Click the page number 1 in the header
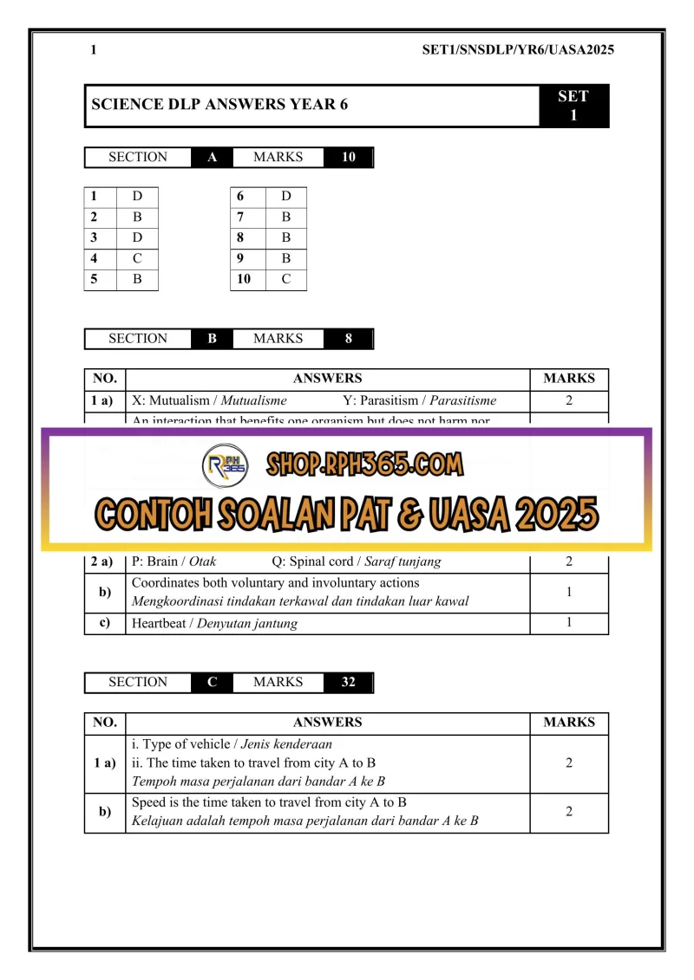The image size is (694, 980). point(93,50)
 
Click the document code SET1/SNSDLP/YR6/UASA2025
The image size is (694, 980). point(517,50)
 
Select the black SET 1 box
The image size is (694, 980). point(573,106)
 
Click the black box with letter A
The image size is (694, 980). point(212,158)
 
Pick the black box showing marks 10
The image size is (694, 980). point(348,158)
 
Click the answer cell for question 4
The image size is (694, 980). point(137,258)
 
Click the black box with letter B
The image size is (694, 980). point(212,339)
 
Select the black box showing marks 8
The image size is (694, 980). point(348,339)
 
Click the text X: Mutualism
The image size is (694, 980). point(176,401)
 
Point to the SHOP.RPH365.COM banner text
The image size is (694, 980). point(364,464)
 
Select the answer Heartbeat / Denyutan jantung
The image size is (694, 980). point(214,624)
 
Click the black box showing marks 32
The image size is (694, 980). point(348,683)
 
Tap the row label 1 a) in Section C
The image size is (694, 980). point(104,763)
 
